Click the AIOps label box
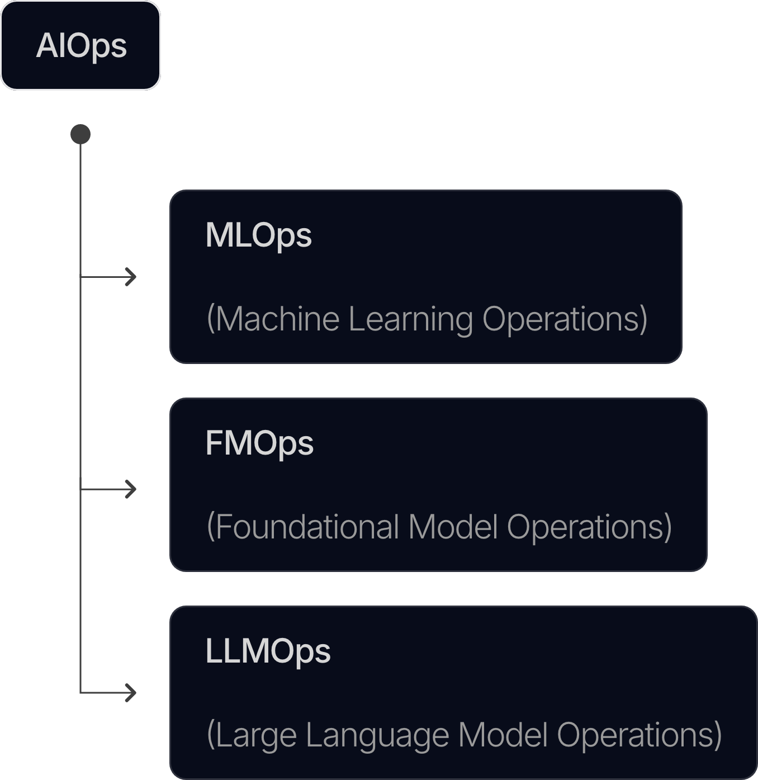point(80,45)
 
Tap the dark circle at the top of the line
point(80,134)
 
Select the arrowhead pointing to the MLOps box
point(131,277)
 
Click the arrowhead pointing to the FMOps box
point(131,489)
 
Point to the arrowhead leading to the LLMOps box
point(131,693)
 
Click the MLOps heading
point(258,237)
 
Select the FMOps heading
point(259,444)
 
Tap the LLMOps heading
point(268,652)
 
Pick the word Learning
point(411,320)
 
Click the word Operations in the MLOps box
point(561,320)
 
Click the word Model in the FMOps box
point(453,527)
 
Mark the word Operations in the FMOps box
point(585,528)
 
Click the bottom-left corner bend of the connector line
point(80,693)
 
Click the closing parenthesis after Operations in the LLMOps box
point(718,735)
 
